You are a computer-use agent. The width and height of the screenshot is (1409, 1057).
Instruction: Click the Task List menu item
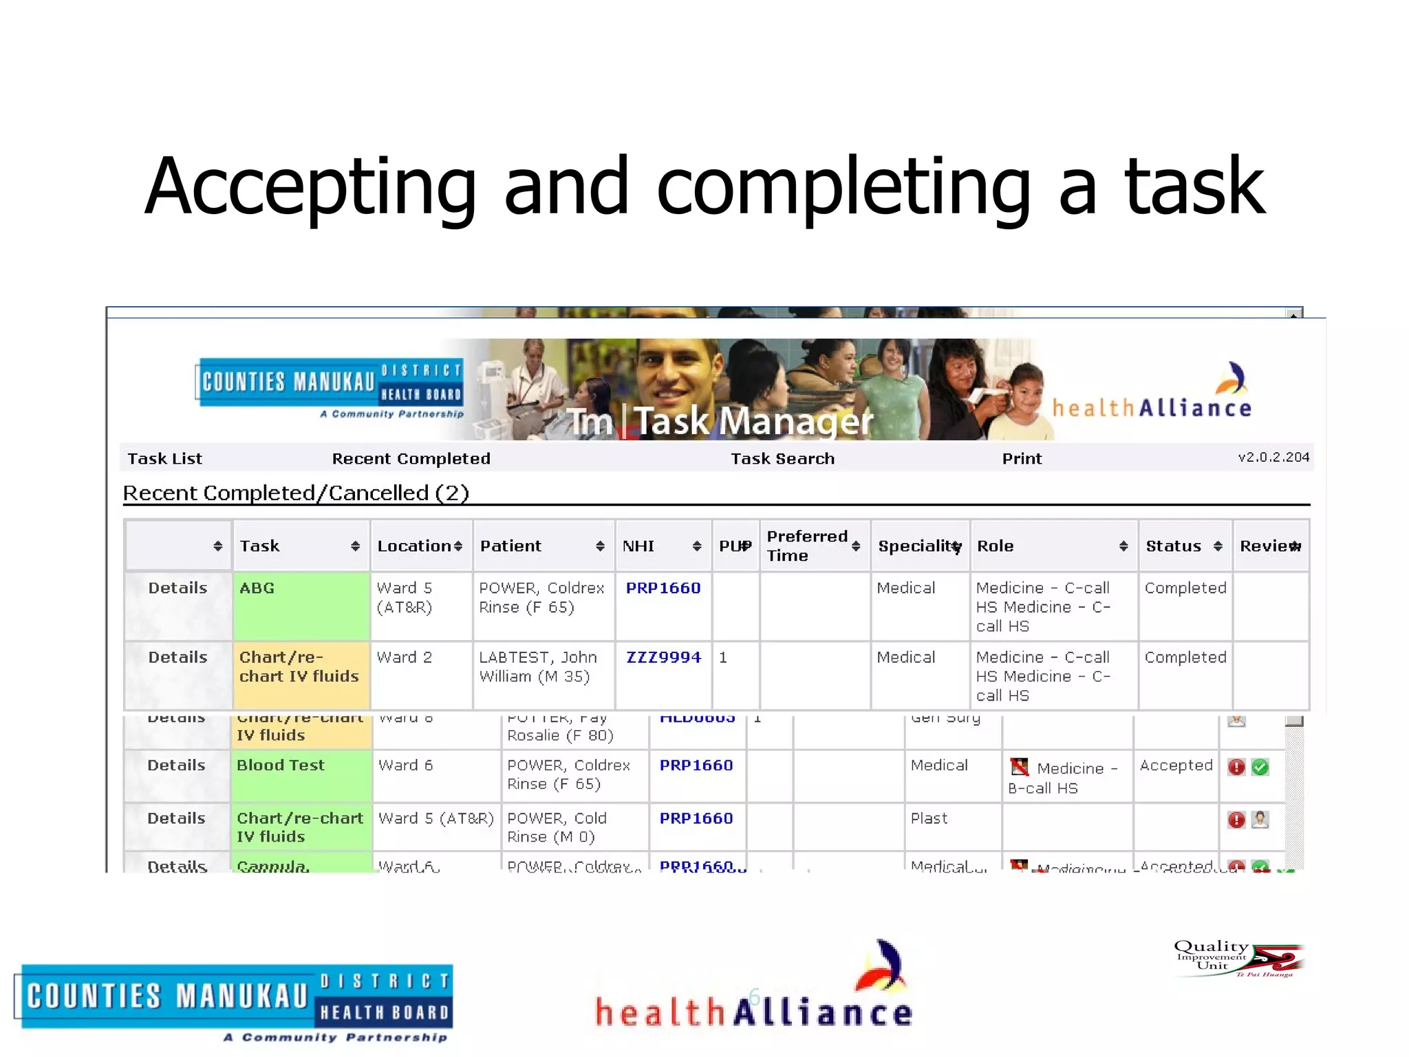coord(165,459)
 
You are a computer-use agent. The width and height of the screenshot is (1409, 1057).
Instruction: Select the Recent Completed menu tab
coord(411,459)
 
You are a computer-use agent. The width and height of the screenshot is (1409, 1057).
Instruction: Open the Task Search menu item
coord(782,459)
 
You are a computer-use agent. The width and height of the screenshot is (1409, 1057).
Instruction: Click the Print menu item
coord(1021,459)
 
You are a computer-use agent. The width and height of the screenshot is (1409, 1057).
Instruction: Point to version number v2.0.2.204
coord(1273,457)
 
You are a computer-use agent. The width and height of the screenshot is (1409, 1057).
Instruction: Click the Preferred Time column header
coord(807,546)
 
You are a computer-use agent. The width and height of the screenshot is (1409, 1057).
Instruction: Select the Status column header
coord(1173,546)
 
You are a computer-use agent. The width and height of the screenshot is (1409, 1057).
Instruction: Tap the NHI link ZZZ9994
coord(663,657)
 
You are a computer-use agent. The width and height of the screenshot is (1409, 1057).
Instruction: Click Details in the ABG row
coord(178,588)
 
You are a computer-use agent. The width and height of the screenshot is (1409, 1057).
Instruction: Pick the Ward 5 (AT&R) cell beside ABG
coord(405,597)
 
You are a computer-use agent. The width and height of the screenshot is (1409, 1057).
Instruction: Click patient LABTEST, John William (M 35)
coord(537,667)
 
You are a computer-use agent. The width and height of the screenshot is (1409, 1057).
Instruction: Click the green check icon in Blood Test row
coord(1260,767)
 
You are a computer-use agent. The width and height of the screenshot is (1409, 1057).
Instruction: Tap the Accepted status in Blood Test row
coord(1176,765)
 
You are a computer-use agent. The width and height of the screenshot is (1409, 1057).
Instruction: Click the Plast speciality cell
coord(929,818)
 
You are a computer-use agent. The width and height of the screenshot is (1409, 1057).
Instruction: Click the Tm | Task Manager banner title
coord(719,421)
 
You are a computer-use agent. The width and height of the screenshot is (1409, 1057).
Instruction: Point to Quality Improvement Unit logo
coord(1238,957)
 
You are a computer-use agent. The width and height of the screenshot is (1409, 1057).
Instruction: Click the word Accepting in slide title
coord(310,187)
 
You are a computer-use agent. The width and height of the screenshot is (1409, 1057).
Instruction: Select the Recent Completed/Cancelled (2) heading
coord(296,493)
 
